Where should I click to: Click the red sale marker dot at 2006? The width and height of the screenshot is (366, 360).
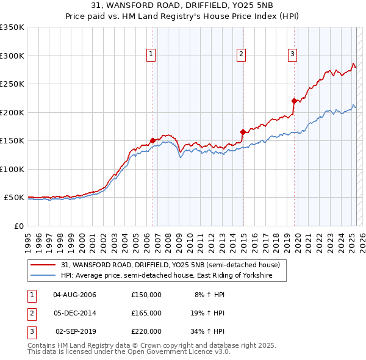point(152,140)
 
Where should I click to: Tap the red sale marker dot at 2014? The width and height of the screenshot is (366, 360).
point(243,131)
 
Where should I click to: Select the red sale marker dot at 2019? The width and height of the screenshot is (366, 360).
point(294,101)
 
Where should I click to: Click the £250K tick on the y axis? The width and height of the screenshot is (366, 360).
point(12,84)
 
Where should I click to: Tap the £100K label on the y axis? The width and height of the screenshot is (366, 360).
point(12,169)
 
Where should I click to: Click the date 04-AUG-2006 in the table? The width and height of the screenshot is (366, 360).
point(75,295)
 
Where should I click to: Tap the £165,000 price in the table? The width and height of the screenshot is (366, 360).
point(146,313)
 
